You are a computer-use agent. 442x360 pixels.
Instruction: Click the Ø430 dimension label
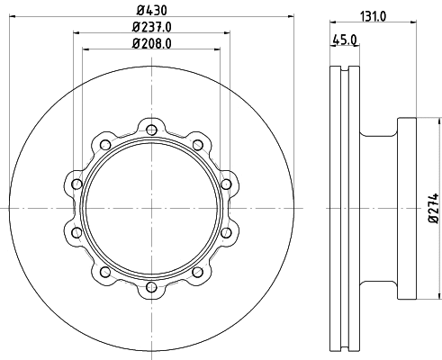pyautogui.click(x=151, y=11)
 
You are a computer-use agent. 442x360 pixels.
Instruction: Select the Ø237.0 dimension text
pyautogui.click(x=152, y=27)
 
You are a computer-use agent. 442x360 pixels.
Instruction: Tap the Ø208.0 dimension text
pyautogui.click(x=152, y=44)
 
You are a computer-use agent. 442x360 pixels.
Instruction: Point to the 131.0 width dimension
pyautogui.click(x=374, y=16)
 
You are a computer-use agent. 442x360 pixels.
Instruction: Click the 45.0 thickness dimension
pyautogui.click(x=345, y=40)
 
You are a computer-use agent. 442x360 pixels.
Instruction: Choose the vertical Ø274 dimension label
pyautogui.click(x=434, y=208)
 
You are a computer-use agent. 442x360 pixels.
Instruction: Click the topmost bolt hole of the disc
pyautogui.click(x=152, y=130)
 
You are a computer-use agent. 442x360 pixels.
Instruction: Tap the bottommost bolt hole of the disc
pyautogui.click(x=152, y=287)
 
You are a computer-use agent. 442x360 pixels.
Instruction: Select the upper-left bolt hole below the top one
pyautogui.click(x=105, y=145)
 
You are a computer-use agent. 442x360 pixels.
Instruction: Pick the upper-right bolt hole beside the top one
pyautogui.click(x=198, y=145)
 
